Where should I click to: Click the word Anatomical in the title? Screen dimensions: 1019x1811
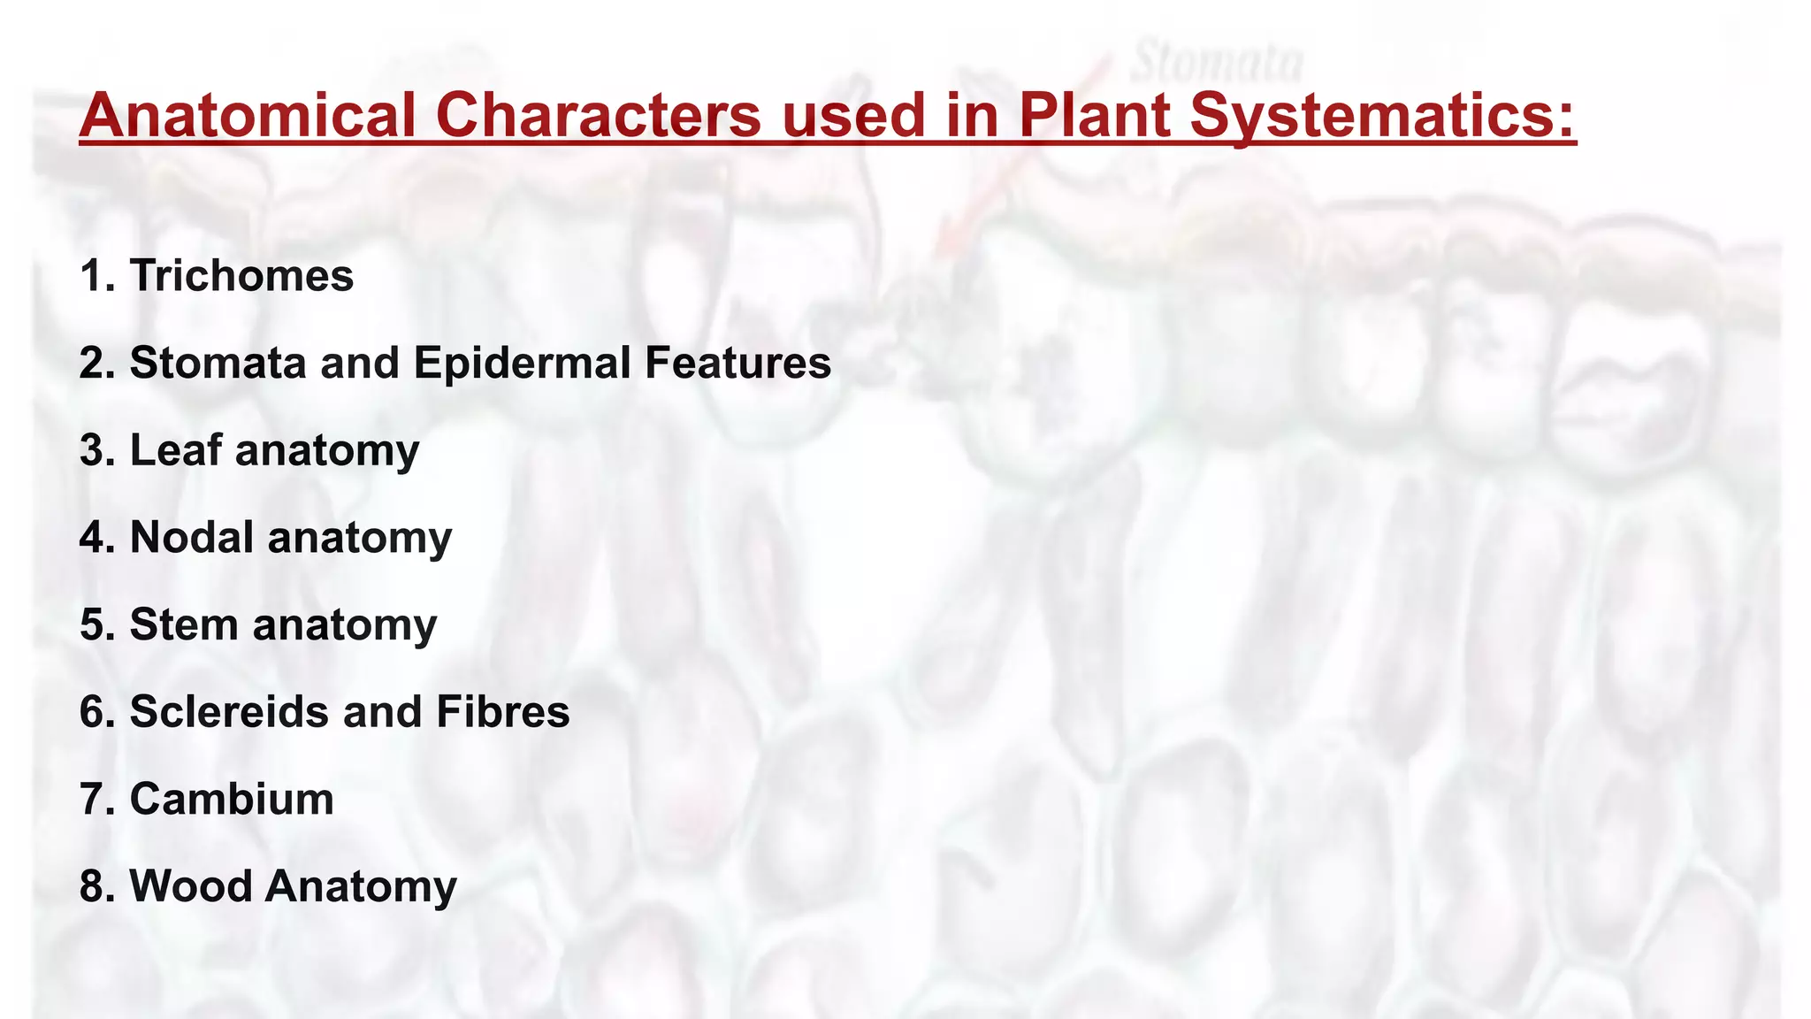pyautogui.click(x=248, y=116)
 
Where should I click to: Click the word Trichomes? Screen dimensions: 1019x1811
pyautogui.click(x=241, y=275)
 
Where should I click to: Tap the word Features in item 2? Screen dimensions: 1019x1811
pyautogui.click(x=737, y=363)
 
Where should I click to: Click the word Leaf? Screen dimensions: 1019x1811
pyautogui.click(x=175, y=449)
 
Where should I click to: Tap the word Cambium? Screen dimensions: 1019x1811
pyautogui.click(x=232, y=799)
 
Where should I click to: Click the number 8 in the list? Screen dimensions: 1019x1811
pyautogui.click(x=92, y=885)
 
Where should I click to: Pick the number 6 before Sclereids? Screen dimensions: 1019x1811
pyautogui.click(x=92, y=711)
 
